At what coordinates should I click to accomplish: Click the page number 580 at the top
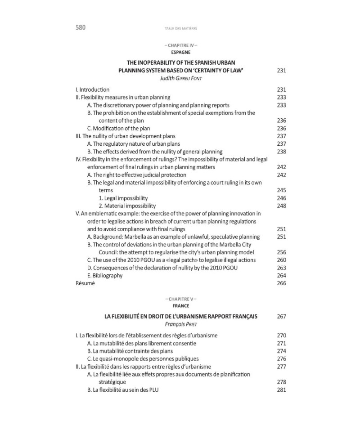[81, 27]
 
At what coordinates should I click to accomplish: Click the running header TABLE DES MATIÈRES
[181, 28]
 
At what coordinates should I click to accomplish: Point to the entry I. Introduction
[92, 90]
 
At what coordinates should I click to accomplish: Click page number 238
[281, 152]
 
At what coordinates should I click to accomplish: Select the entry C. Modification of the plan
[118, 128]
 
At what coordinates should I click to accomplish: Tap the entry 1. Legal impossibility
[123, 198]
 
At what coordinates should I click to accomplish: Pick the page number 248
[281, 206]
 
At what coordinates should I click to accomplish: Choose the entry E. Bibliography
[104, 275]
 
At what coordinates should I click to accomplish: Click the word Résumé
[85, 283]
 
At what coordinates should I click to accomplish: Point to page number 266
[281, 283]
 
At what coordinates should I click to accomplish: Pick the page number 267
[281, 316]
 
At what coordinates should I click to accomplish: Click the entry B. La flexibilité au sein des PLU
[122, 390]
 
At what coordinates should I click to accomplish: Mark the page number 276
[281, 358]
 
